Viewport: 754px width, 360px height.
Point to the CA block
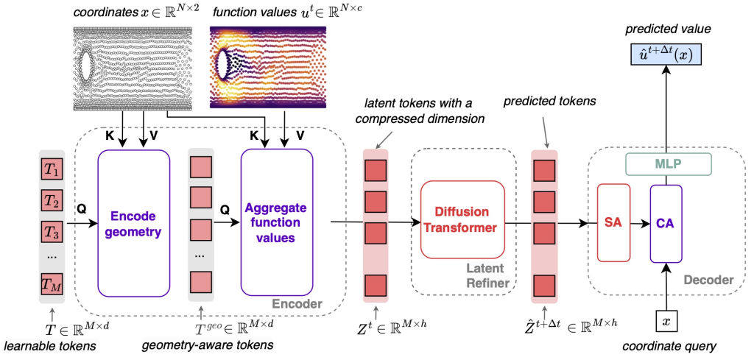[x=666, y=222]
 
